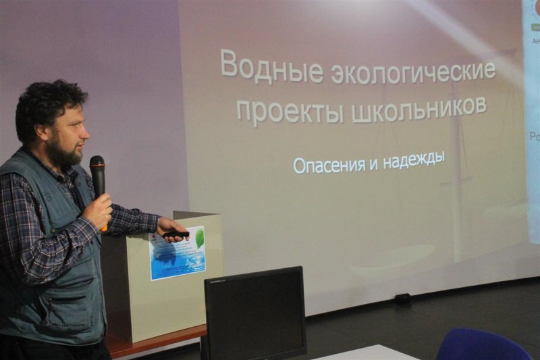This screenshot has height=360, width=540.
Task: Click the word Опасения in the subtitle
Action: (x=326, y=164)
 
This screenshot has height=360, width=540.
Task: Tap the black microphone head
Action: (x=97, y=165)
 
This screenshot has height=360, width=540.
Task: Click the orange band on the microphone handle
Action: (x=103, y=229)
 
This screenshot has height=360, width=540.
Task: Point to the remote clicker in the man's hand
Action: (x=176, y=234)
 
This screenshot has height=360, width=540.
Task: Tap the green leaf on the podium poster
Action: (x=199, y=237)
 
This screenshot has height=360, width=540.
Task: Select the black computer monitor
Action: (x=254, y=313)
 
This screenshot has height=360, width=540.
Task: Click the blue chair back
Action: (x=482, y=346)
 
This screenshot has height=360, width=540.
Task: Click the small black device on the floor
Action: (x=402, y=297)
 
